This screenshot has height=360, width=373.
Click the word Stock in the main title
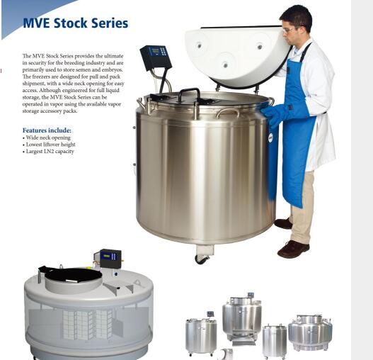70,23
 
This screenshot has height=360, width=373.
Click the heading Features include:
47,130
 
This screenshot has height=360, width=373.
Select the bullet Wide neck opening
47,137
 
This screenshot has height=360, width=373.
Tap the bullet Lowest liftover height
49,145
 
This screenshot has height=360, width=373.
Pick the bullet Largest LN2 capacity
48,151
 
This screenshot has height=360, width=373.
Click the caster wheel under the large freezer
202,259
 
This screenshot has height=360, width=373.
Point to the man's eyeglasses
288,30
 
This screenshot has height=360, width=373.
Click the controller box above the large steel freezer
156,57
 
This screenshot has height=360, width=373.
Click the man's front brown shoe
293,249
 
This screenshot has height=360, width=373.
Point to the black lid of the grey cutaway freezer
71,274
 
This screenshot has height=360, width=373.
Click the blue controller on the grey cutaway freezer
110,258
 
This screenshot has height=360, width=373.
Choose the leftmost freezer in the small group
201,334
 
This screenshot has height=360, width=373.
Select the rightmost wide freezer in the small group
310,332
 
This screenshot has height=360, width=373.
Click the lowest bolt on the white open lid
225,64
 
